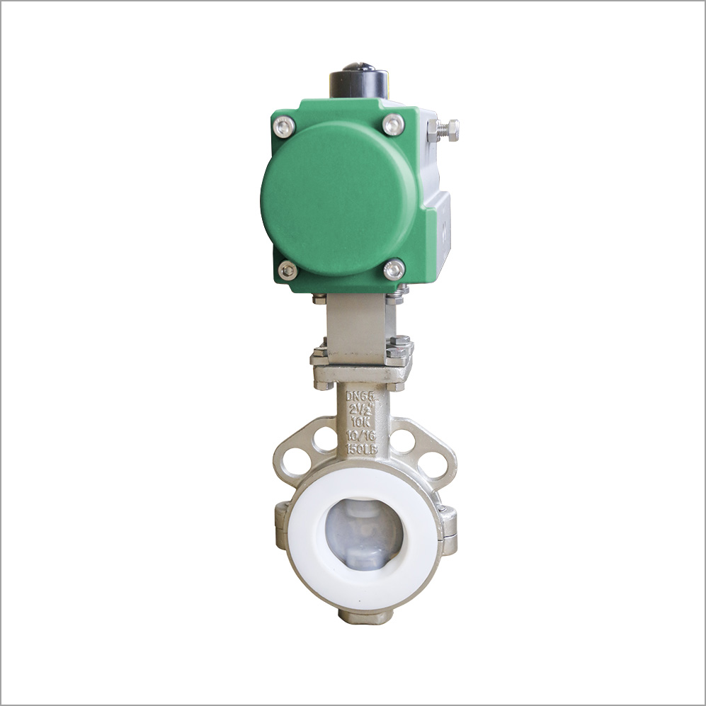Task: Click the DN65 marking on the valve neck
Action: click(360, 396)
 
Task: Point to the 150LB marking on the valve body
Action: click(362, 448)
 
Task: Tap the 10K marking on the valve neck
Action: click(360, 422)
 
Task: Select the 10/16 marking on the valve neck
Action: click(361, 435)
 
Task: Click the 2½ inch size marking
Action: click(361, 409)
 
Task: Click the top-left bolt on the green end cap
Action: click(284, 127)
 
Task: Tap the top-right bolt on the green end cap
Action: click(394, 125)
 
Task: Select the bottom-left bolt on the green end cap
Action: click(288, 271)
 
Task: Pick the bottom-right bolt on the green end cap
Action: click(394, 269)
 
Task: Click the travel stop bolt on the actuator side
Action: click(443, 130)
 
